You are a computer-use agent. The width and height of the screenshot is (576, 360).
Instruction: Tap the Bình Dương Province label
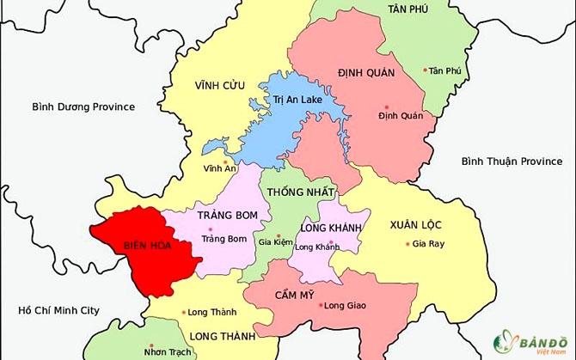[x=83, y=107]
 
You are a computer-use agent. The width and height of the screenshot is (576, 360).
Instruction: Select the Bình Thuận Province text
[x=511, y=162]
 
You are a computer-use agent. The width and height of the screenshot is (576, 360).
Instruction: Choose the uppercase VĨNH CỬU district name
[x=221, y=84]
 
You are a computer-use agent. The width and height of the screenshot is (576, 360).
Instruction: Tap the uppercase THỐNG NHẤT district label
[x=301, y=191]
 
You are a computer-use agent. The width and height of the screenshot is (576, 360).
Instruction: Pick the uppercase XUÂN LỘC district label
[x=415, y=224]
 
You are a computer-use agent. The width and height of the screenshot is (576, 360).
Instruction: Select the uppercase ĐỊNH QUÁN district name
[x=366, y=73]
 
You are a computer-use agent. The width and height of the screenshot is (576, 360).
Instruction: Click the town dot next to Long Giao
[x=320, y=305]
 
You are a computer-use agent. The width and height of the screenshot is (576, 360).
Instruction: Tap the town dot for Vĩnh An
[x=225, y=160]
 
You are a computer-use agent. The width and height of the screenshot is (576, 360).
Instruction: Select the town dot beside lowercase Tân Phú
[x=425, y=70]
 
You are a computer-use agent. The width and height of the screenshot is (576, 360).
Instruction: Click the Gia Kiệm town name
[x=276, y=243]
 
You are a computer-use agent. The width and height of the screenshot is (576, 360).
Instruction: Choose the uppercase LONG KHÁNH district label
[x=329, y=228]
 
